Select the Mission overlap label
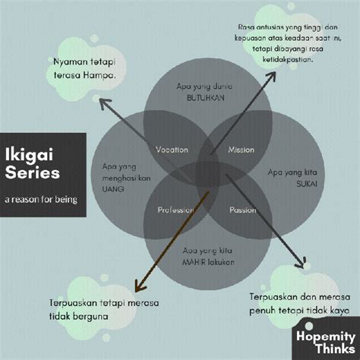click(241, 150)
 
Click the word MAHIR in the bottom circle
click(191, 263)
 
